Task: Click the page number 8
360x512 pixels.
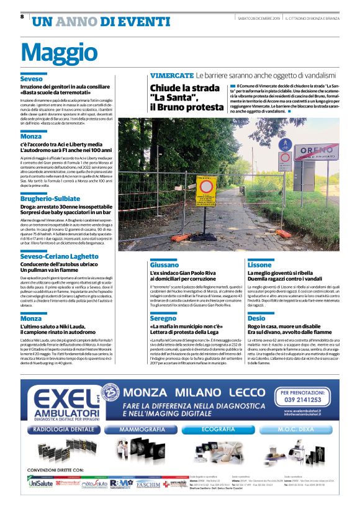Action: [22, 17]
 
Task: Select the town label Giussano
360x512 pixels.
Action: [165, 264]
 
